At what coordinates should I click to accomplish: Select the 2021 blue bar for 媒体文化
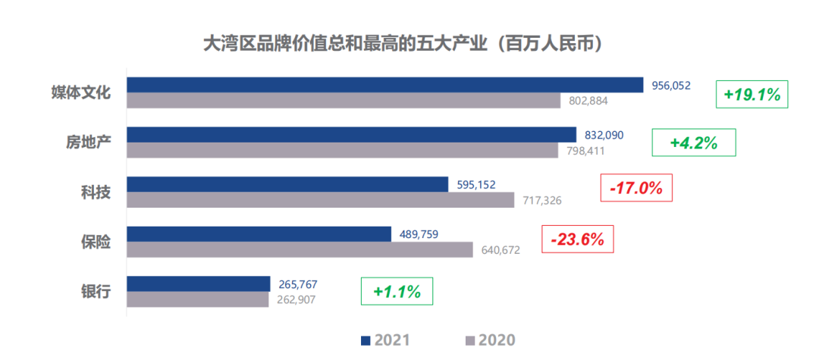pyautogui.click(x=384, y=85)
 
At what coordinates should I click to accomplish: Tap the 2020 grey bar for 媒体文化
pyautogui.click(x=343, y=101)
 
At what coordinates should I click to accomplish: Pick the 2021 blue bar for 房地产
pyautogui.click(x=351, y=134)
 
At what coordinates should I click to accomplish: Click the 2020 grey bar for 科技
pyautogui.click(x=320, y=199)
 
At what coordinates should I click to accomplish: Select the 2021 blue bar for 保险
pyautogui.click(x=258, y=233)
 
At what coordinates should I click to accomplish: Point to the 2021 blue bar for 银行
pyautogui.click(x=198, y=283)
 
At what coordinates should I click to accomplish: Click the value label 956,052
pyautogui.click(x=671, y=86)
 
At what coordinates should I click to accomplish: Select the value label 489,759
pyautogui.click(x=419, y=234)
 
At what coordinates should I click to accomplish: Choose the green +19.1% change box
pyautogui.click(x=752, y=95)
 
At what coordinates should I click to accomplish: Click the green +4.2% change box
pyautogui.click(x=694, y=142)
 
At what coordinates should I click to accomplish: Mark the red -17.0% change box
pyautogui.click(x=635, y=187)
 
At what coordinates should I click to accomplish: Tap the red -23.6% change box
pyautogui.click(x=577, y=239)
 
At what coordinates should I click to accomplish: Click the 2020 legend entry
pyautogui.click(x=489, y=340)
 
